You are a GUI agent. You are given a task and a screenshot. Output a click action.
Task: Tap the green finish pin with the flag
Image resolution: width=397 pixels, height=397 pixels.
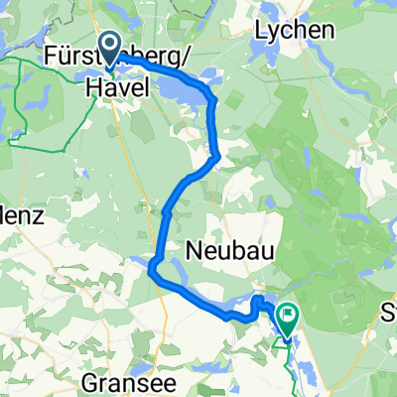click(x=288, y=320)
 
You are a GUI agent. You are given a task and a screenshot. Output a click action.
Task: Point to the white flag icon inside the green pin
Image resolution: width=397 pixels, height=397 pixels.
click(x=288, y=318)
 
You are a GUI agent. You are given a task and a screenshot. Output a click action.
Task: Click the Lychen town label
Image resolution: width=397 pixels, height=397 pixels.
click(x=294, y=30)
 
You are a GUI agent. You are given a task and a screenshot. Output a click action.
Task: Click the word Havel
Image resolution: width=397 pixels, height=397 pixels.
click(x=116, y=88)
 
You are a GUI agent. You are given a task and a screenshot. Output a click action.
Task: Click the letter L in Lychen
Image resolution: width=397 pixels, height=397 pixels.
click(x=262, y=30)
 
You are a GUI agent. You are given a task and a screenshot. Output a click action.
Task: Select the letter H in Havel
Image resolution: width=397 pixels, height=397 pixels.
click(x=91, y=88)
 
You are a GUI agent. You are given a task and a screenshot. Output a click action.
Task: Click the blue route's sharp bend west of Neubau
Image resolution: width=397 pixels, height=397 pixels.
click(x=152, y=266)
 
